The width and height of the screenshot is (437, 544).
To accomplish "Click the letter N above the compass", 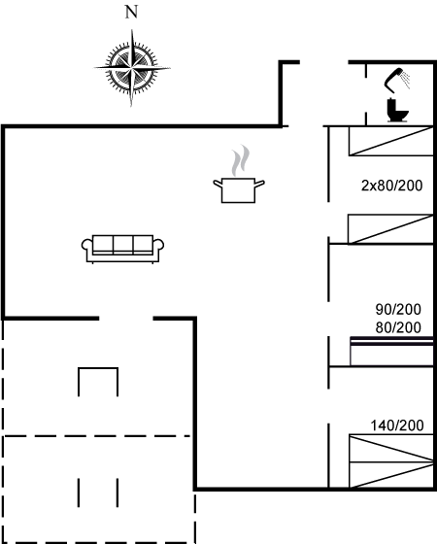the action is [131, 12].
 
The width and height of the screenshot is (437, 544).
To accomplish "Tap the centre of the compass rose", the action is [131, 67].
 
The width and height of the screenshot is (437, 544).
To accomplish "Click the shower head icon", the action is [397, 80].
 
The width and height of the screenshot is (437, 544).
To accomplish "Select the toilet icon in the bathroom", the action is [397, 110].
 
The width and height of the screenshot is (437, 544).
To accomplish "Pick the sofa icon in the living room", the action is [122, 249].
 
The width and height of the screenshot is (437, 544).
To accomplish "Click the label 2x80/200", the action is [392, 186].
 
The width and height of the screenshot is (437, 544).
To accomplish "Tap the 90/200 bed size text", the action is [398, 309].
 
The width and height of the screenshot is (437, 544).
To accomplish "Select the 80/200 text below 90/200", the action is [398, 327].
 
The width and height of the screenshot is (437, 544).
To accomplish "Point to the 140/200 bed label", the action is [397, 425].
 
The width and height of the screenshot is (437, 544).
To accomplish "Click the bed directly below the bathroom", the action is [390, 141].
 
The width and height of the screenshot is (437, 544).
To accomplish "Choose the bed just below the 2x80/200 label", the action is [390, 229].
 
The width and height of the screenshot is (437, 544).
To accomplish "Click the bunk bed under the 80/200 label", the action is [392, 351].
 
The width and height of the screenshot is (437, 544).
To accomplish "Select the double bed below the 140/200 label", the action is [391, 461].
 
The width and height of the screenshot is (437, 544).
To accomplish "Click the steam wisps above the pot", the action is [241, 160].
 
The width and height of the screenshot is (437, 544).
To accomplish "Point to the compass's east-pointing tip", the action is [170, 68].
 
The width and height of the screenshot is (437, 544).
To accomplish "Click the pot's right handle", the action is [260, 184].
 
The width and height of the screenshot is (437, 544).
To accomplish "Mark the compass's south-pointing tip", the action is [131, 107].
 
